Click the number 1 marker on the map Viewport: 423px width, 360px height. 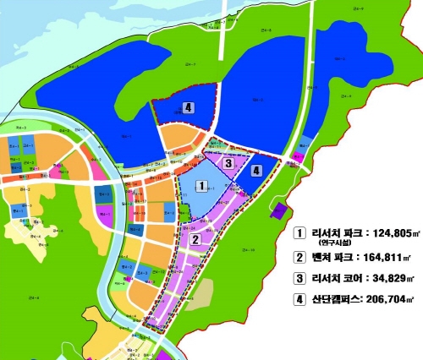pyautogui.click(x=201, y=185)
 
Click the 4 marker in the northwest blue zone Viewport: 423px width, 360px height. pyautogui.click(x=188, y=108)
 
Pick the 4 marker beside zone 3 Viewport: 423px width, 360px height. pyautogui.click(x=256, y=170)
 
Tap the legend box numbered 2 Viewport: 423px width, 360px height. pyautogui.click(x=299, y=258)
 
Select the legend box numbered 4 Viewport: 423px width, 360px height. pyautogui.click(x=299, y=298)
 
